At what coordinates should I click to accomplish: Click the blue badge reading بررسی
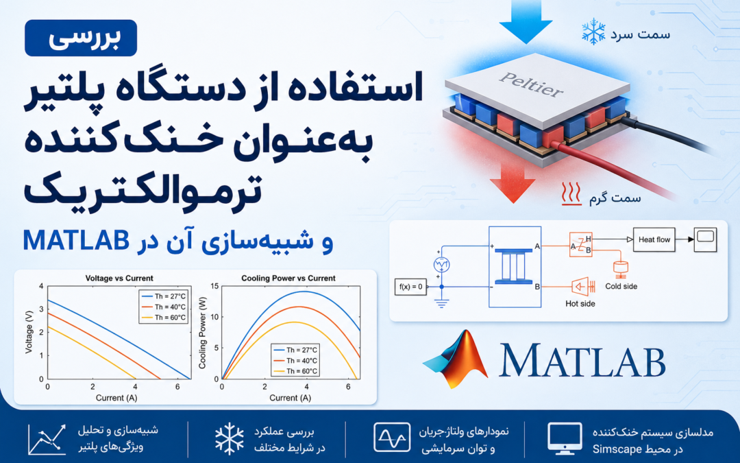[x=81, y=38]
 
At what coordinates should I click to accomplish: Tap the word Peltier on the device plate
[x=532, y=84]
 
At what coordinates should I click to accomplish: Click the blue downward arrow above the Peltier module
[x=526, y=21]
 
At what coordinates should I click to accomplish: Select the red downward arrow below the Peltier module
[x=513, y=185]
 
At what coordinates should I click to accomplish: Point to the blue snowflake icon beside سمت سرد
[x=593, y=32]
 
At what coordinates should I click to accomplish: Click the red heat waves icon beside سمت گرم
[x=571, y=193]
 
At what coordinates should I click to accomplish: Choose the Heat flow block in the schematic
[x=654, y=239]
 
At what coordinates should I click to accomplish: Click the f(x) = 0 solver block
[x=410, y=287]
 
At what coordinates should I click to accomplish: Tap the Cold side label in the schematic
[x=621, y=286]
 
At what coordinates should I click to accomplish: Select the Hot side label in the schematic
[x=580, y=304]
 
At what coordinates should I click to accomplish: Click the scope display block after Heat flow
[x=705, y=239]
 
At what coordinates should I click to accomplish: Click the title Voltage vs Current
[x=119, y=278]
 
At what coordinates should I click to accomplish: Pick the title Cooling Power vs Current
[x=288, y=278]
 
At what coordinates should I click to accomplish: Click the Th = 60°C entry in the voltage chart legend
[x=164, y=318]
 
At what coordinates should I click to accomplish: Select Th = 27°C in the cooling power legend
[x=296, y=350]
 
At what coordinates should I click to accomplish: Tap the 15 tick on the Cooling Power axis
[x=214, y=286]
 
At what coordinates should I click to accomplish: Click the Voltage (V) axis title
[x=29, y=332]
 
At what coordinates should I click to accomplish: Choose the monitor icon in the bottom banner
[x=565, y=438]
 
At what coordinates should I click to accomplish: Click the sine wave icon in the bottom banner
[x=392, y=438]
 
